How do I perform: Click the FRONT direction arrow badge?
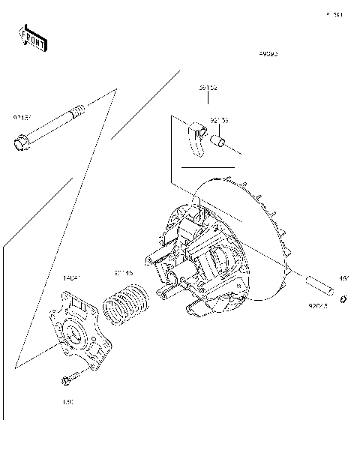point(31,37)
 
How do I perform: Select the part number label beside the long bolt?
point(22,118)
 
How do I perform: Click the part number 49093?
point(268,55)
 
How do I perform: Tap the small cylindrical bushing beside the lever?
point(218,140)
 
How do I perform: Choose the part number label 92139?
point(220,120)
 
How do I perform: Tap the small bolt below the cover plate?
point(67,379)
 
